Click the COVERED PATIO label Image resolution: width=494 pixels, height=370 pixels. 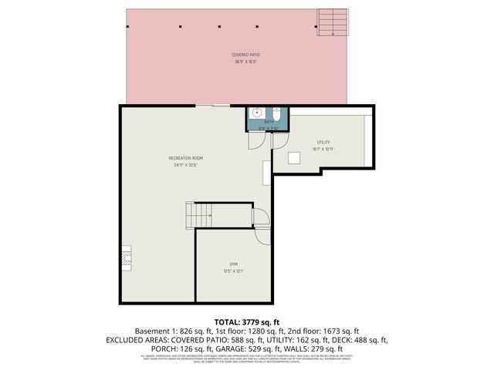[x=245, y=55]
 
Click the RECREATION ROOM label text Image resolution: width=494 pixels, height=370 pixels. [x=185, y=158]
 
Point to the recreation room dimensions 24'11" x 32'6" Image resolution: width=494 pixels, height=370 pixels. [x=185, y=165]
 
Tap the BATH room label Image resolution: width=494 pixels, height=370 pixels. [x=269, y=122]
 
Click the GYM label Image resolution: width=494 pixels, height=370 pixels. [x=233, y=264]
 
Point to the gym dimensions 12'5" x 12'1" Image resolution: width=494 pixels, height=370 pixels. [x=233, y=271]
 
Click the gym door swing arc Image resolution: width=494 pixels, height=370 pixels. [x=262, y=218]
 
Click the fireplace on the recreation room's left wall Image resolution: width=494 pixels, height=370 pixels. [x=125, y=257]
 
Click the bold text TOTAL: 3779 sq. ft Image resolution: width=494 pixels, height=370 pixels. [x=246, y=322]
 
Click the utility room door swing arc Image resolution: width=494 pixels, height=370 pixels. [x=279, y=142]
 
